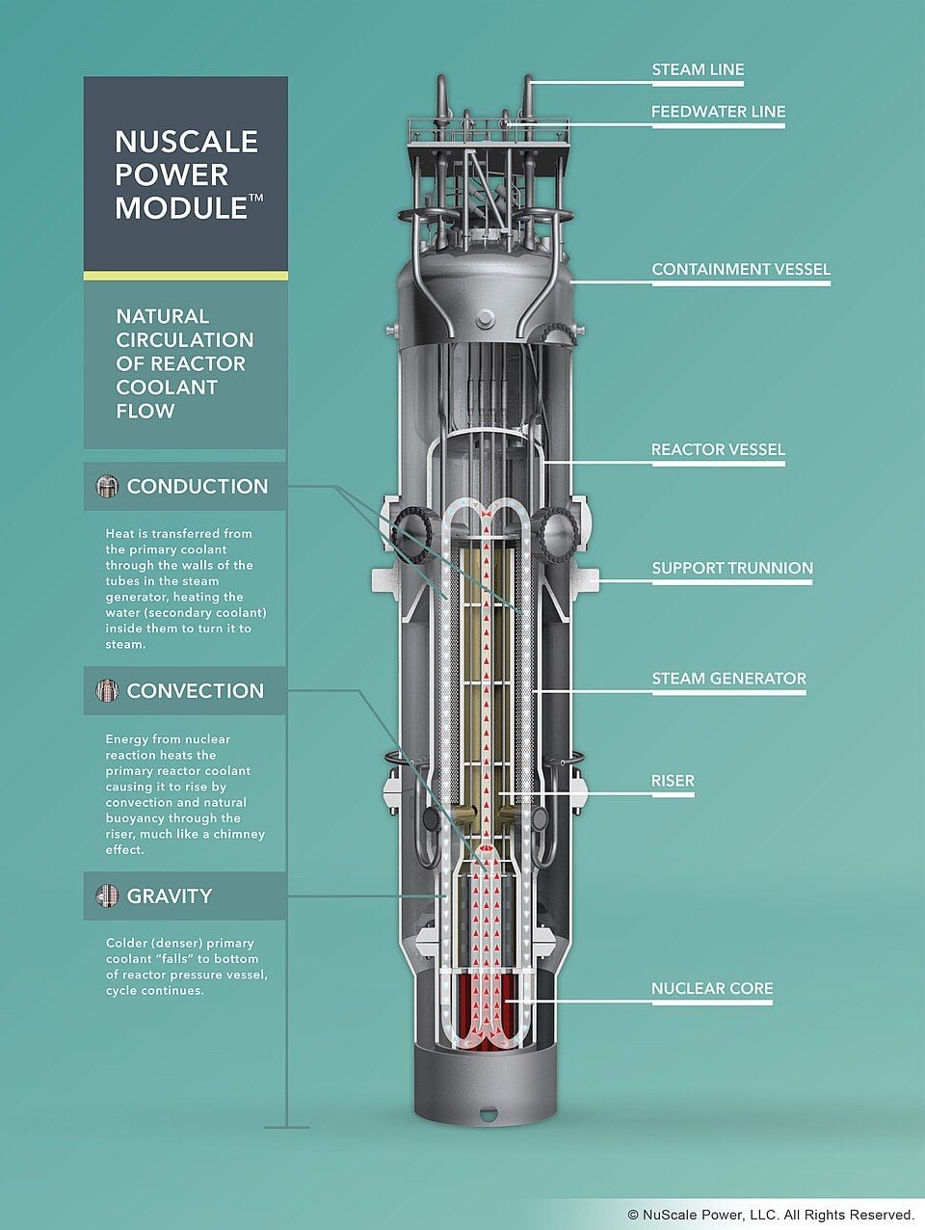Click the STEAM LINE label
pyautogui.click(x=698, y=69)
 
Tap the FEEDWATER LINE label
pyautogui.click(x=719, y=112)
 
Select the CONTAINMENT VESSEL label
pyautogui.click(x=741, y=269)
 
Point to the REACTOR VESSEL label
pyautogui.click(x=718, y=449)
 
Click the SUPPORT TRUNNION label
pyautogui.click(x=732, y=568)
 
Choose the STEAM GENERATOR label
pyautogui.click(x=729, y=679)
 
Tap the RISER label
pyautogui.click(x=673, y=781)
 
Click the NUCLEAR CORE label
pyautogui.click(x=712, y=988)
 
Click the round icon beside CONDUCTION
pyautogui.click(x=107, y=487)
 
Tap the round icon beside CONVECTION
pyautogui.click(x=107, y=690)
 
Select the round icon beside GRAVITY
pyautogui.click(x=107, y=896)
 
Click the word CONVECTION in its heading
pyautogui.click(x=196, y=691)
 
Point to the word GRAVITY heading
pyautogui.click(x=170, y=896)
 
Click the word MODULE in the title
pyautogui.click(x=181, y=208)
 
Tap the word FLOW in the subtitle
pyautogui.click(x=145, y=411)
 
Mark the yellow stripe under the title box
pyautogui.click(x=186, y=276)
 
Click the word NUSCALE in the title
pyautogui.click(x=187, y=142)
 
